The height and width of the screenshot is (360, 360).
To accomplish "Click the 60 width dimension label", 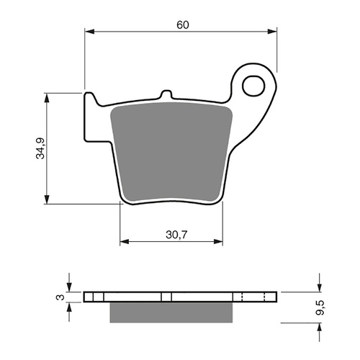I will [x=182, y=24].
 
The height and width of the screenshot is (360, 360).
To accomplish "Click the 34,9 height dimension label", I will [x=41, y=147].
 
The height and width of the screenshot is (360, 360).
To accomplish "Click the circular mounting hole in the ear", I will [x=253, y=86].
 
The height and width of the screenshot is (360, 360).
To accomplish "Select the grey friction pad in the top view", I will [x=171, y=155].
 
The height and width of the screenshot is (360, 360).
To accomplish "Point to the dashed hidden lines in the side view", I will [x=243, y=297].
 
